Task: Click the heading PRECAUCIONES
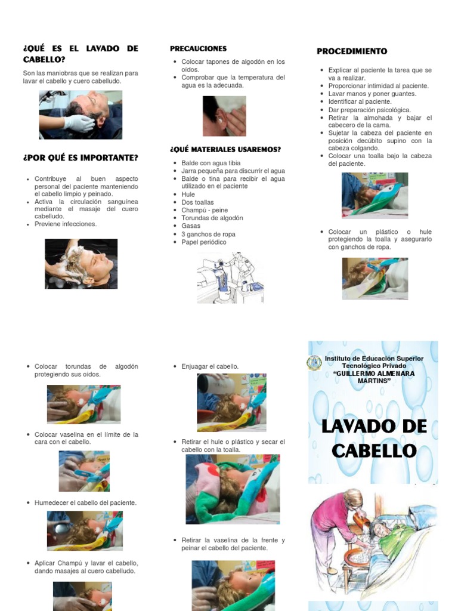(198, 48)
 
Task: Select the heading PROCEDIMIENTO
(352, 51)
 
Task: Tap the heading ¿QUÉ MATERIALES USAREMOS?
(225, 149)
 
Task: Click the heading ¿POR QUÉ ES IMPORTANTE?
(81, 158)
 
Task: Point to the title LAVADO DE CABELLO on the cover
(374, 439)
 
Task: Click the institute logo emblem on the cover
(314, 363)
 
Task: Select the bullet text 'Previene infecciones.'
(66, 224)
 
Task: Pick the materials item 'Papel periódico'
(204, 242)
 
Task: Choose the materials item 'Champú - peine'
(206, 210)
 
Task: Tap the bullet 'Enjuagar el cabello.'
(210, 366)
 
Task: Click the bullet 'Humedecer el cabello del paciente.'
(85, 503)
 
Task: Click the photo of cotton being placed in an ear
(224, 116)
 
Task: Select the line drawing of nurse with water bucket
(230, 277)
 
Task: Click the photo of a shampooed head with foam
(81, 264)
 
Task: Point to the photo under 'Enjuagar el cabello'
(231, 403)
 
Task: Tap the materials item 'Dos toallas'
(199, 202)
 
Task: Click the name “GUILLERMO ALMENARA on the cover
(374, 374)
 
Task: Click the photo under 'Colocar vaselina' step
(84, 471)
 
